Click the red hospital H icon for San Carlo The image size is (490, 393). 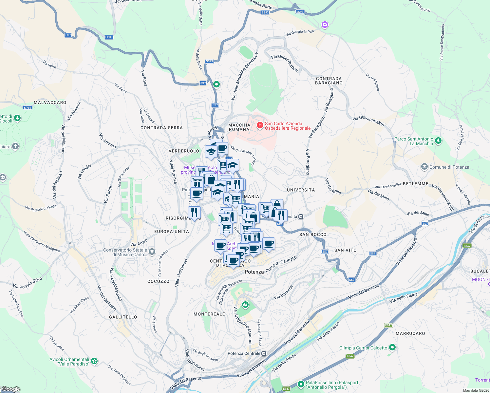tap(260, 125)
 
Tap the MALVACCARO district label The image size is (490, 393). tap(50, 103)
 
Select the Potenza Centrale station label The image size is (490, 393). tap(244, 353)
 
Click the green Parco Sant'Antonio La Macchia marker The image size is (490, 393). tap(438, 141)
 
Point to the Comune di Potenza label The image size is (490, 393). tap(449, 167)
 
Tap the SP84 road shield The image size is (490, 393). tap(28, 108)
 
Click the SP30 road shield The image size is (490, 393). tap(109, 37)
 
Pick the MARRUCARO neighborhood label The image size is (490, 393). tap(410, 333)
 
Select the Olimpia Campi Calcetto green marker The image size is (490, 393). tap(392, 347)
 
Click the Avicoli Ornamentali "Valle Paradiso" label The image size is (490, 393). tap(69, 362)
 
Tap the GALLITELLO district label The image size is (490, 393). tap(123, 317)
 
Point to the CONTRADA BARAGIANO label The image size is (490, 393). tap(329, 81)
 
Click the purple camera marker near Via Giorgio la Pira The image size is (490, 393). tap(325, 25)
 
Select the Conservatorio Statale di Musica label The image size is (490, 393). tap(125, 252)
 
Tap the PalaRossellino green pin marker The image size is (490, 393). tap(301, 384)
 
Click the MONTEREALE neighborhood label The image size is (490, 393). tap(209, 314)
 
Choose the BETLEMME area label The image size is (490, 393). tap(415, 184)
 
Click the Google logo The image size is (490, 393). tap(11, 389)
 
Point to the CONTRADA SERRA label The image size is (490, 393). tap(161, 128)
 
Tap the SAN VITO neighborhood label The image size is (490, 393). tap(345, 250)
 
